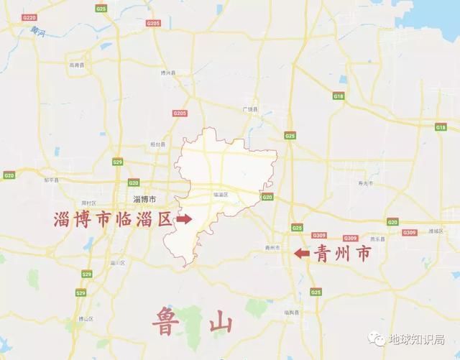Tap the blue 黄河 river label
click(x=35, y=32)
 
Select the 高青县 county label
click(x=77, y=65)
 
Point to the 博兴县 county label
click(x=168, y=73)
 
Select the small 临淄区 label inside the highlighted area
click(x=221, y=195)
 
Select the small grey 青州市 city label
click(x=271, y=247)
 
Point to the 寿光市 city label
click(x=362, y=185)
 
